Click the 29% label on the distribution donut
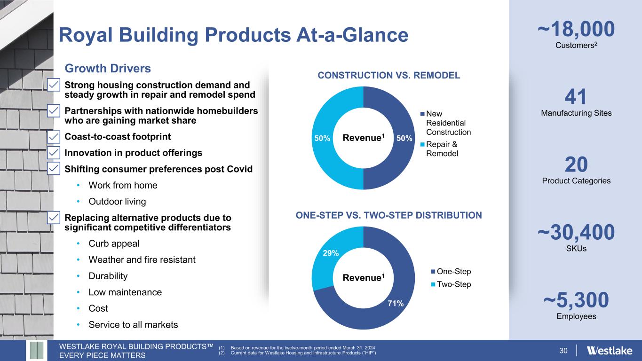[x=331, y=253]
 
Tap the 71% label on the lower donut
[x=396, y=303]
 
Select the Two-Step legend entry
[x=451, y=284]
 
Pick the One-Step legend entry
[x=451, y=271]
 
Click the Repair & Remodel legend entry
[x=439, y=149]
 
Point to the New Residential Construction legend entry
[x=446, y=123]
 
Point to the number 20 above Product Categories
[x=576, y=165]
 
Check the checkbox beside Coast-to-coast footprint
[x=54, y=137]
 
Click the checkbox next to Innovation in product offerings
[x=54, y=153]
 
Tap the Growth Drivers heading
[x=108, y=69]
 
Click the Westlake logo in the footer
[x=610, y=350]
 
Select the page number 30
[x=563, y=351]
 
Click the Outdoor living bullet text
[x=117, y=201]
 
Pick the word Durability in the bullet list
[x=108, y=276]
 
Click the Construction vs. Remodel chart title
[x=389, y=75]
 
